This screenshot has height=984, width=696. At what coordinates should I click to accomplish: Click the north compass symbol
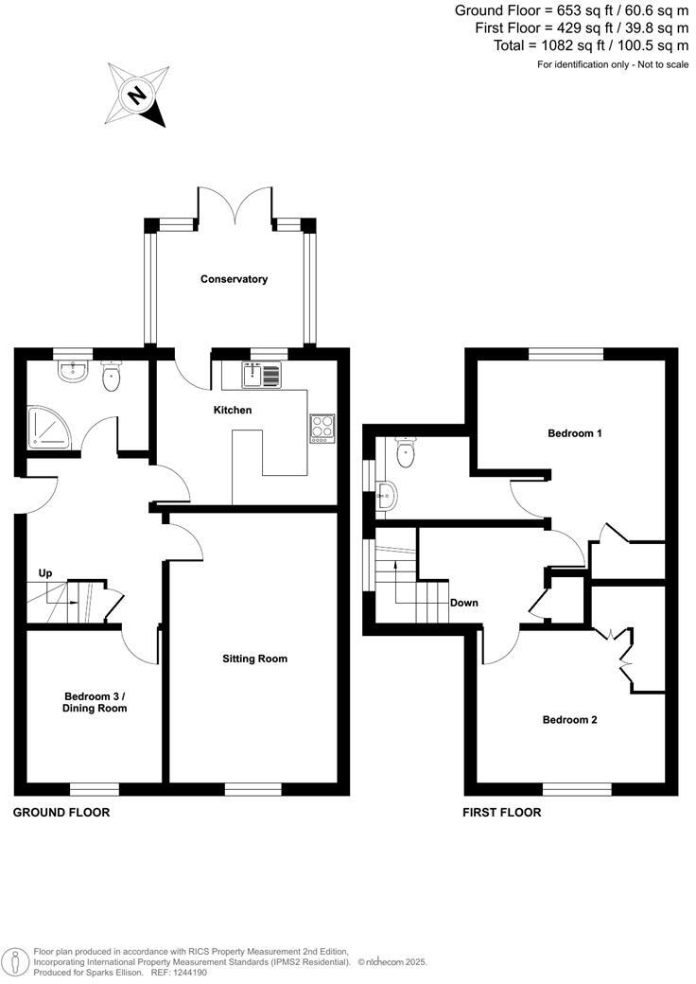138,95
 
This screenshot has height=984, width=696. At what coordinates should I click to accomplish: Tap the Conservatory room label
234,279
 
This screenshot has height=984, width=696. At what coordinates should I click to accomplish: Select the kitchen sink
253,376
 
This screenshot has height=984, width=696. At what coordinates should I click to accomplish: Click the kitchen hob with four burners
322,428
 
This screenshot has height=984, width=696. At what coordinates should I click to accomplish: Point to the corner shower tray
43,427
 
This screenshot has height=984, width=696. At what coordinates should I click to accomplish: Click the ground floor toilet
112,377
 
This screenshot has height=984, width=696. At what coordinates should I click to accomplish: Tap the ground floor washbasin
72,370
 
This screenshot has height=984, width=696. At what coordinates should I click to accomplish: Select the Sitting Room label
254,659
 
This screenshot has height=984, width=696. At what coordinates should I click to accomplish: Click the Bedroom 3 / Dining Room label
94,701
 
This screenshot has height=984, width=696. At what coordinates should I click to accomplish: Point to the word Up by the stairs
45,573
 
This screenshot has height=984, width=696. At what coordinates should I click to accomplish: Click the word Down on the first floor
463,603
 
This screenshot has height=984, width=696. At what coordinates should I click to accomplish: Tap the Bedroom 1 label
575,433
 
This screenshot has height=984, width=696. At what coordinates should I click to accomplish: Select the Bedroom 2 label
569,719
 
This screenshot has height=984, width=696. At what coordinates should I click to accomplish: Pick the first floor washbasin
388,494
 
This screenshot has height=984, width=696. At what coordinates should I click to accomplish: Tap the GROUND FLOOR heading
61,813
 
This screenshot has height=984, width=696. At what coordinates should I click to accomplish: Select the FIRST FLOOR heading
501,813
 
